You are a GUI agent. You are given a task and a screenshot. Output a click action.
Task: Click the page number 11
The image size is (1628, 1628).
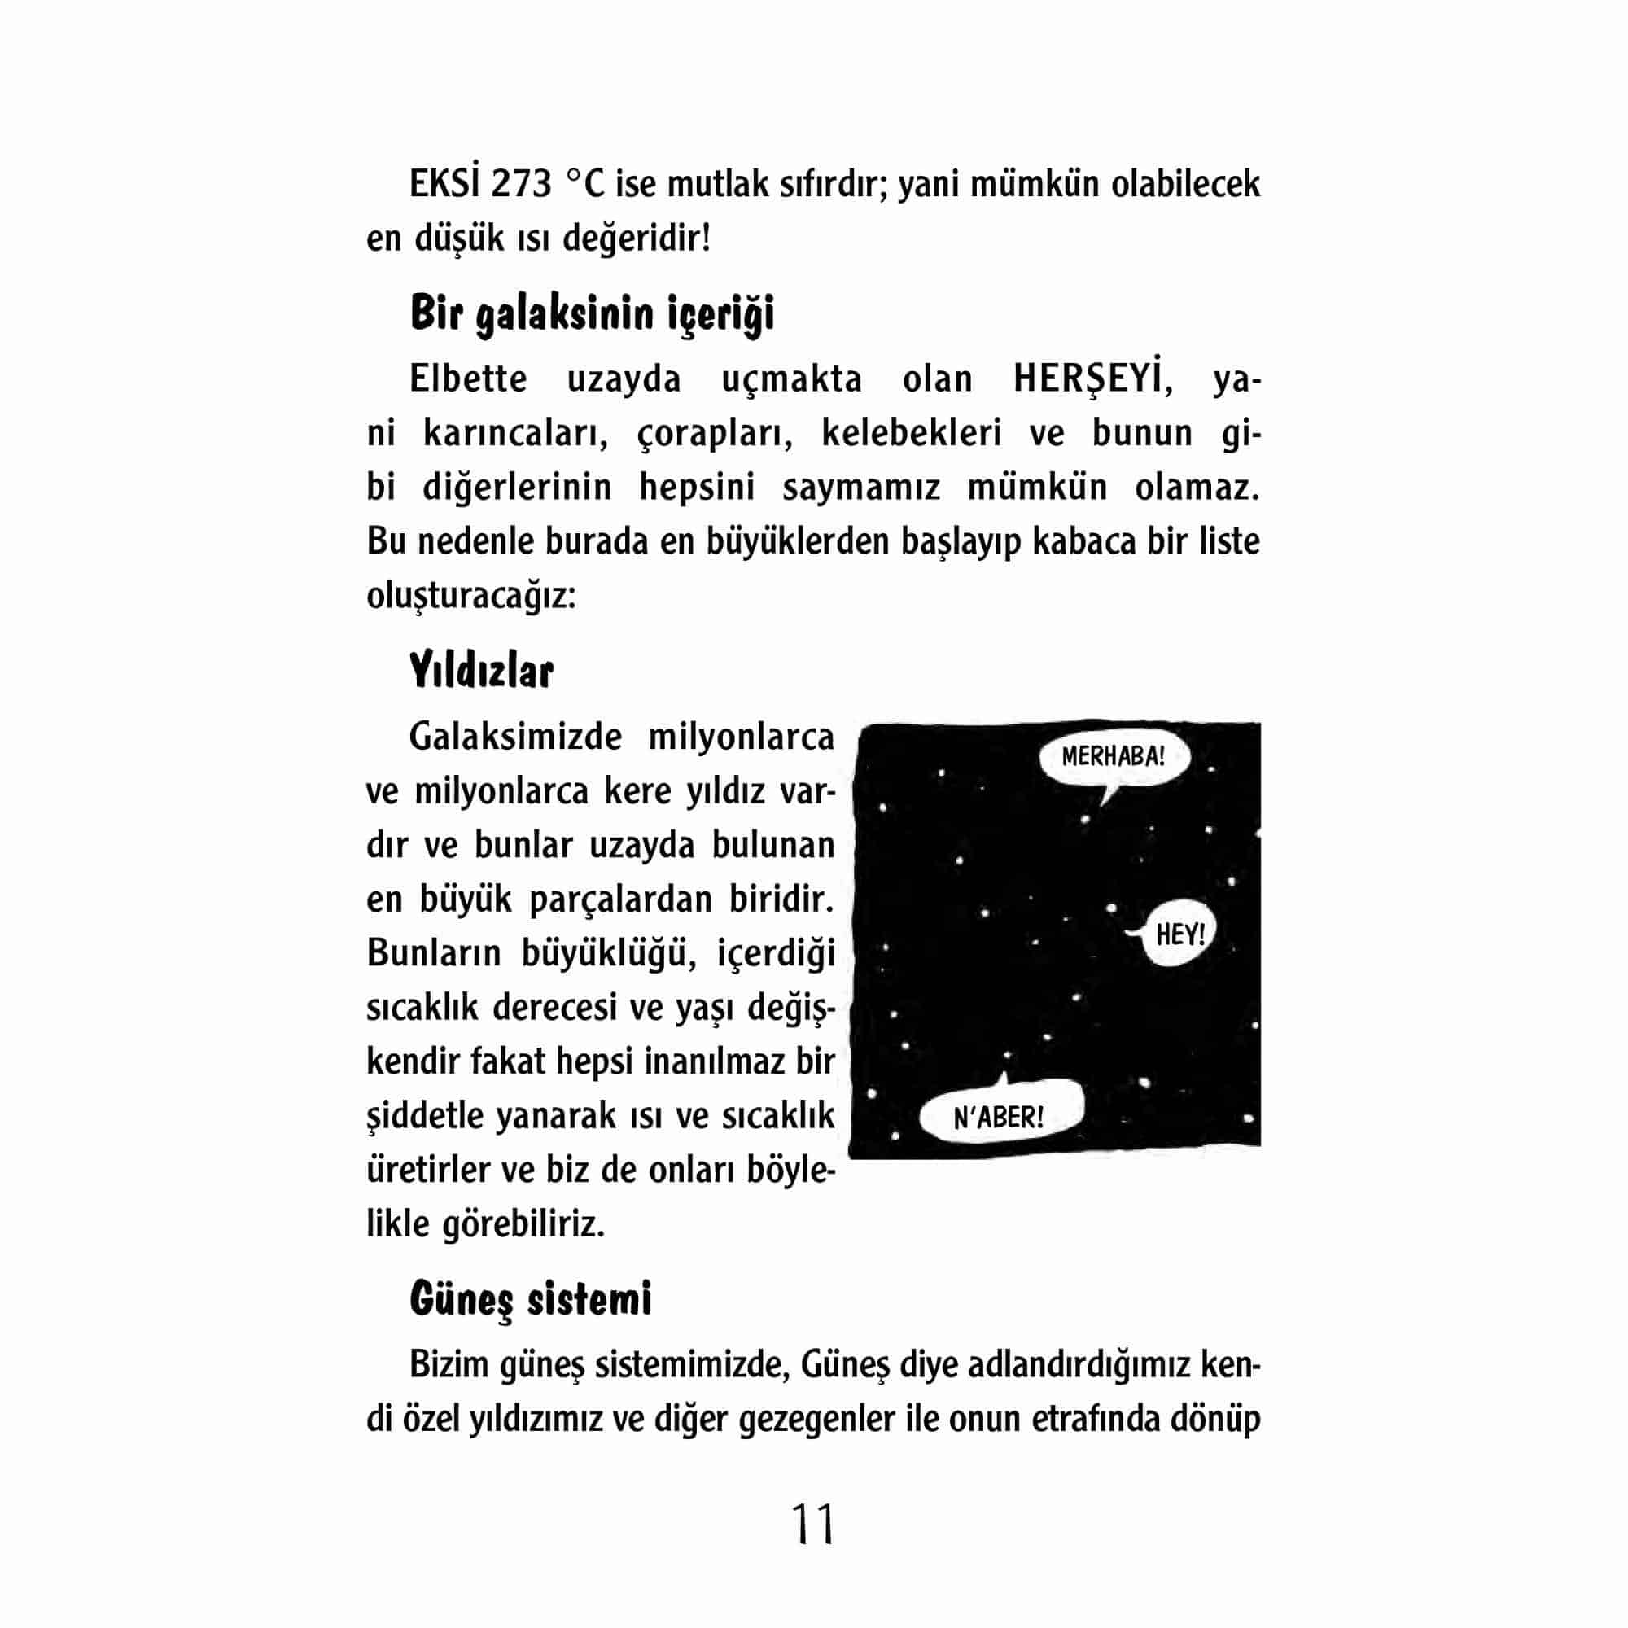pos(813,1524)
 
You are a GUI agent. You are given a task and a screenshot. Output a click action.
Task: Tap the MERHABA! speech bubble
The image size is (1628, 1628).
pos(1112,757)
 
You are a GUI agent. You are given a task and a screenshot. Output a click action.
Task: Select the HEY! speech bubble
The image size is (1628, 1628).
pos(1179,934)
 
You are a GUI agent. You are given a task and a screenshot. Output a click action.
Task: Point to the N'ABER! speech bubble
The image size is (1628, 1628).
pos(999,1118)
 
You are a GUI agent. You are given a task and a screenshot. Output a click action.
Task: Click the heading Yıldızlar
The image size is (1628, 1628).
pos(481,672)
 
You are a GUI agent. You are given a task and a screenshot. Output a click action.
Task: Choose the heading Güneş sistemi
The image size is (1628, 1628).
pos(530,1298)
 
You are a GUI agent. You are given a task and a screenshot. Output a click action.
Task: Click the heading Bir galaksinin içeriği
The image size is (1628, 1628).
pos(592,313)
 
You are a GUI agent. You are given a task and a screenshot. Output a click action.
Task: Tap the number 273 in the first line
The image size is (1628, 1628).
pos(521,185)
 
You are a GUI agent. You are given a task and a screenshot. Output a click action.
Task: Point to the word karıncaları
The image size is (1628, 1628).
pos(515,434)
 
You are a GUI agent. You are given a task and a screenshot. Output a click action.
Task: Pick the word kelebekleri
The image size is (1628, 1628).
pos(911,434)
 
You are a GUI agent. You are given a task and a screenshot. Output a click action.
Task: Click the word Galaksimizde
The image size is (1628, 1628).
pos(515,737)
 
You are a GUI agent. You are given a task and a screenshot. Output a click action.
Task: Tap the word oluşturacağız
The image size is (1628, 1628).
pos(471,597)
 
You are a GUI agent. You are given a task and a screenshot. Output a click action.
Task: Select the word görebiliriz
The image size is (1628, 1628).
pos(523,1224)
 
